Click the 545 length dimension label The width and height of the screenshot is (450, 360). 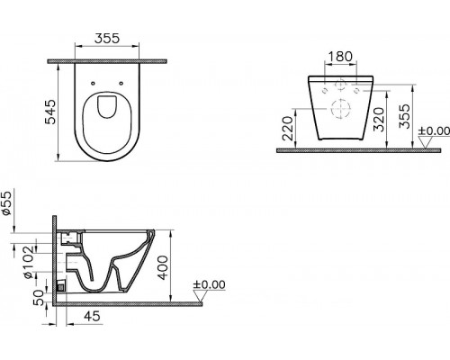tap(50, 112)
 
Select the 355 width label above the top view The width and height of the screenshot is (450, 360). tap(107, 38)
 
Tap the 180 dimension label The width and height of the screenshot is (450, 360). tap(340, 57)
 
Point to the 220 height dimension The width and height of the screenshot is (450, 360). tap(288, 129)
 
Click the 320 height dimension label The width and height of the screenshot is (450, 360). tap(379, 120)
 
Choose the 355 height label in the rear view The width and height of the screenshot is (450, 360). tap(404, 116)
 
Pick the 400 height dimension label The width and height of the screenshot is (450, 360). tap(163, 267)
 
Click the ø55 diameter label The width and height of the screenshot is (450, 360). tap(6, 203)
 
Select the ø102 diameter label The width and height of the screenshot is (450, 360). tap(29, 263)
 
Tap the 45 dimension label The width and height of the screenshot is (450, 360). tap(92, 316)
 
